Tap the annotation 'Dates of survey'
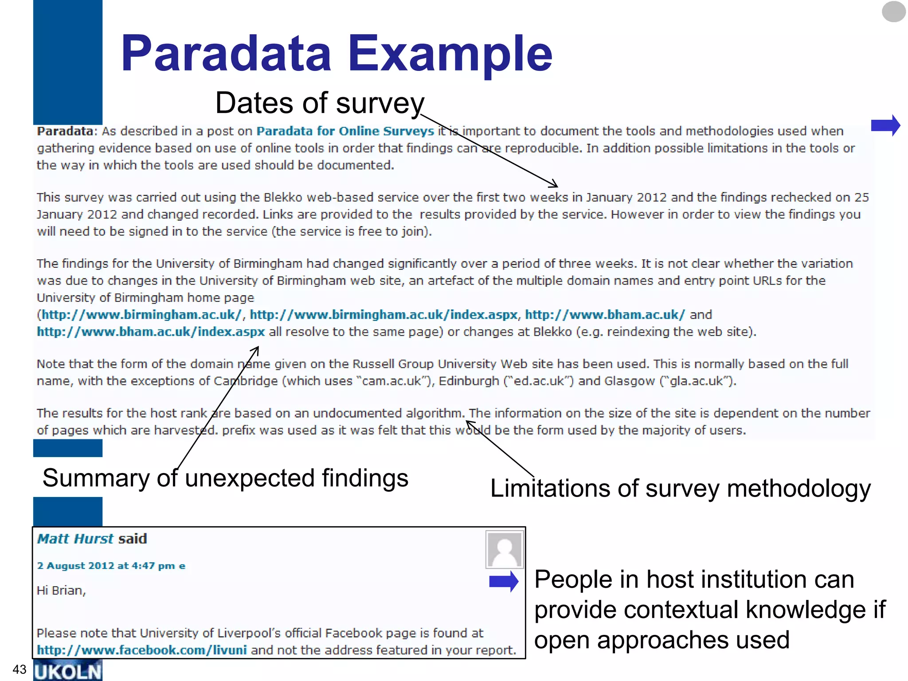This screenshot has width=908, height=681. click(x=319, y=103)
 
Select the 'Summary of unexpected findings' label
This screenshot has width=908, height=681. click(x=225, y=478)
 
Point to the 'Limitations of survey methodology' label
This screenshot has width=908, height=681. click(x=680, y=489)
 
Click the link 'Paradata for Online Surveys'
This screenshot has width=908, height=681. click(x=345, y=131)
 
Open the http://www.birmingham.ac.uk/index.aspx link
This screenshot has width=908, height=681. click(x=384, y=315)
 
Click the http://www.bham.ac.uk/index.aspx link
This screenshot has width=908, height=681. click(x=151, y=332)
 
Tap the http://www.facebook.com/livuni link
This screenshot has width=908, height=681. click(x=142, y=650)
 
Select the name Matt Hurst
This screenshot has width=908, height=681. click(x=75, y=539)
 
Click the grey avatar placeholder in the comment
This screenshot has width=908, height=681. click(x=505, y=550)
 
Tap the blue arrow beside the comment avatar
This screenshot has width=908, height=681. click(x=504, y=582)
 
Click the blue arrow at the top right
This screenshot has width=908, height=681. click(x=885, y=125)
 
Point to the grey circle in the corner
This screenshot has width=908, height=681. click(x=893, y=12)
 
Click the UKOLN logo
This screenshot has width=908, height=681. click(x=68, y=671)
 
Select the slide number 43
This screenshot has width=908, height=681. click(x=20, y=669)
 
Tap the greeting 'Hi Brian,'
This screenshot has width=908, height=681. click(x=61, y=591)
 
